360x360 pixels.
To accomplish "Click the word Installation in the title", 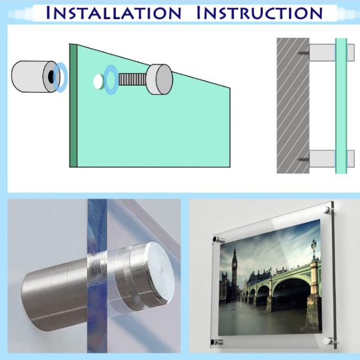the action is (113, 13).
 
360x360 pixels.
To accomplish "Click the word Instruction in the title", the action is (260, 13).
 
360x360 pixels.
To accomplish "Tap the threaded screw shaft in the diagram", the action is (132, 79).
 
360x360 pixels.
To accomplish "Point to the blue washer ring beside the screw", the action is (111, 79).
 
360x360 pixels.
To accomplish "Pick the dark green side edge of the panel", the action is (73, 106).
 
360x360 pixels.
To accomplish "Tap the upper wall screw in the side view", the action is (303, 53).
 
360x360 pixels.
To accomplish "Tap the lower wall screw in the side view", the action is (303, 159).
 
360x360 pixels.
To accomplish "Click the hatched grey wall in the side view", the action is (293, 106).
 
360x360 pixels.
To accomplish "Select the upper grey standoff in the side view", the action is (332, 53).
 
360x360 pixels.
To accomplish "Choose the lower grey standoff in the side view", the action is (332, 159).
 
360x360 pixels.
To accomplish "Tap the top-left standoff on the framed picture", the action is (218, 240).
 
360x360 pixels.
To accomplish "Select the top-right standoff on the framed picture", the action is (330, 209).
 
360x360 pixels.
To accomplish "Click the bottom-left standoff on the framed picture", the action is (217, 342).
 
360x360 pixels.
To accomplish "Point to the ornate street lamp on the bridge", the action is (314, 248).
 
